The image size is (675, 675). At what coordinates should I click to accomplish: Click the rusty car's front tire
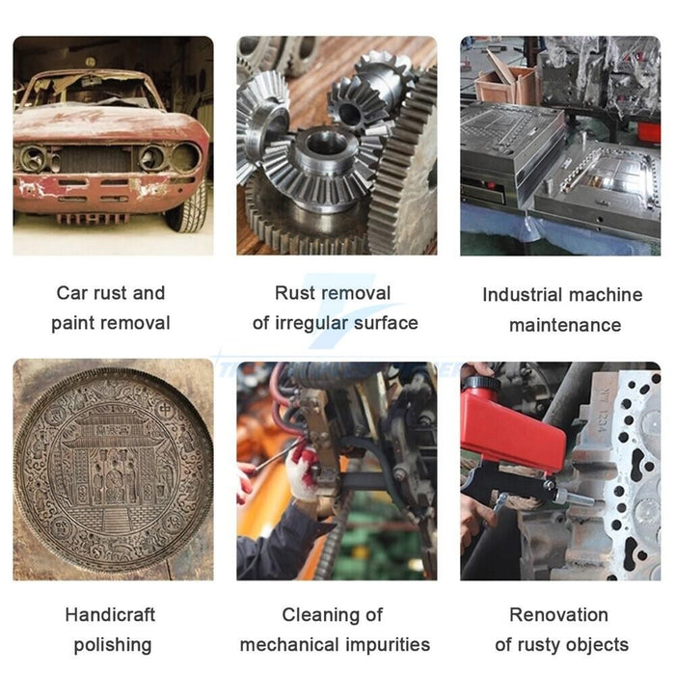pyautogui.click(x=189, y=206)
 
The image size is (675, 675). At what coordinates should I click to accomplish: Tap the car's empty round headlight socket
pyautogui.click(x=185, y=156)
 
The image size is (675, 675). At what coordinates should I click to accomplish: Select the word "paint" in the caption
pyautogui.click(x=72, y=323)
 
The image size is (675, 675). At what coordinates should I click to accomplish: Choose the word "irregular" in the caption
pyautogui.click(x=310, y=324)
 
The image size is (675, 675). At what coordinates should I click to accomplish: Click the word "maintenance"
pyautogui.click(x=565, y=325)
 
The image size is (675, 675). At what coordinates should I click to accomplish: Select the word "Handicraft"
pyautogui.click(x=110, y=615)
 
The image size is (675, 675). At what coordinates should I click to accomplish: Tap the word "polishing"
pyautogui.click(x=113, y=645)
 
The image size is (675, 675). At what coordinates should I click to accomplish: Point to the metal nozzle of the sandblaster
pyautogui.click(x=575, y=499)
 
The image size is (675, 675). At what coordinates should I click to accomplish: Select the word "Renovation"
pyautogui.click(x=558, y=615)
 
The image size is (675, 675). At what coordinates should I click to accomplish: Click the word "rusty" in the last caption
pyautogui.click(x=539, y=645)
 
